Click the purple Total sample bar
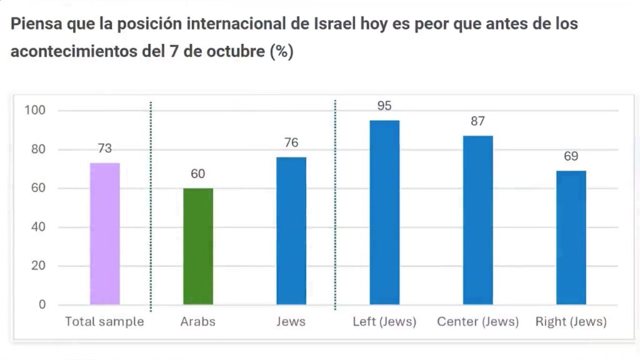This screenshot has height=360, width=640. click(105, 234)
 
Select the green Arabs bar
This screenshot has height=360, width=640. click(198, 246)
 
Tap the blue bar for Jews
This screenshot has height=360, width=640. click(291, 231)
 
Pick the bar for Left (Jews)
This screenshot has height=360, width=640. click(384, 212)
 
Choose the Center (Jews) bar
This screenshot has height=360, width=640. click(478, 220)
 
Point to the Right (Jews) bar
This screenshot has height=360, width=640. click(571, 237)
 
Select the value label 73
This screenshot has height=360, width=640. click(105, 149)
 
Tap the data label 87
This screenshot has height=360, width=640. click(478, 121)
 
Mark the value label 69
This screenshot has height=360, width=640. click(571, 156)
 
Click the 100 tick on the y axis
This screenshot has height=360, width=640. click(35, 111)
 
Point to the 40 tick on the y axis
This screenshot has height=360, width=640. click(39, 227)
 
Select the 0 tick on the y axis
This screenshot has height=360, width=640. click(42, 305)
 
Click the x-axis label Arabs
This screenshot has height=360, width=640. click(198, 322)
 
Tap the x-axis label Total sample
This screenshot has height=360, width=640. click(105, 322)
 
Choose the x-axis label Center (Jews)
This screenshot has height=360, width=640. click(478, 322)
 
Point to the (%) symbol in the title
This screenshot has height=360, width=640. click(281, 52)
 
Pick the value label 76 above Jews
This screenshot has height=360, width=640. click(291, 143)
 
